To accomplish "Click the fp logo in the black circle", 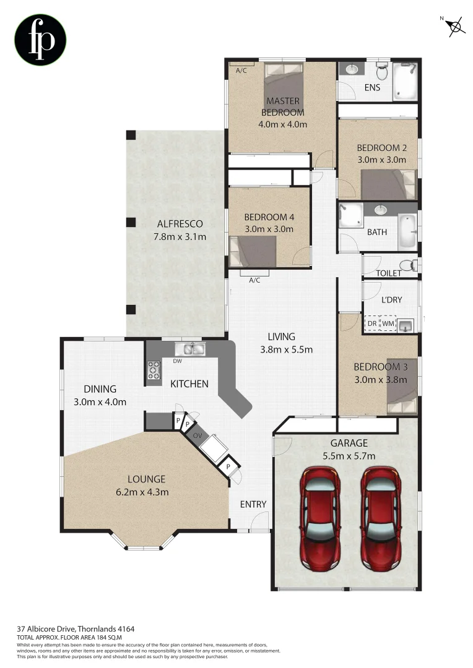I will click(40, 40).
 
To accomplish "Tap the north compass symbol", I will click(456, 26).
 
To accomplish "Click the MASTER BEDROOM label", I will click(282, 106).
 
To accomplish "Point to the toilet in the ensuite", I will click(382, 72).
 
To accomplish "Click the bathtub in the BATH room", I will click(407, 231).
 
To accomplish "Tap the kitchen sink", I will click(189, 349).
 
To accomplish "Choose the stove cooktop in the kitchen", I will click(153, 370).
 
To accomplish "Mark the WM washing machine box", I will click(388, 323).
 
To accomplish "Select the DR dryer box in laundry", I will click(372, 323).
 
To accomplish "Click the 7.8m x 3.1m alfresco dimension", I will click(180, 236).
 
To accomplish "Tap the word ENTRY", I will click(253, 504).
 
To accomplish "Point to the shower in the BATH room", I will click(350, 216).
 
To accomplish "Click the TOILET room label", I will click(389, 273).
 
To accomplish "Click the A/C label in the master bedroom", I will click(241, 71).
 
